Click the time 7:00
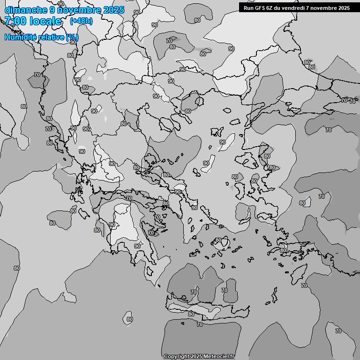coord(15,21)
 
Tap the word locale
coord(45,21)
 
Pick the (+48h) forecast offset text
coord(81,21)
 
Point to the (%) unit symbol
coord(72,37)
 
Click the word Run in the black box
coord(248,7)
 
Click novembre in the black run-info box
coord(323,7)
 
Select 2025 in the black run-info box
coord(343,7)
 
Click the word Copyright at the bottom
coord(177,356)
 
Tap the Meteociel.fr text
coord(219,356)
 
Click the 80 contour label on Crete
coord(191,314)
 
